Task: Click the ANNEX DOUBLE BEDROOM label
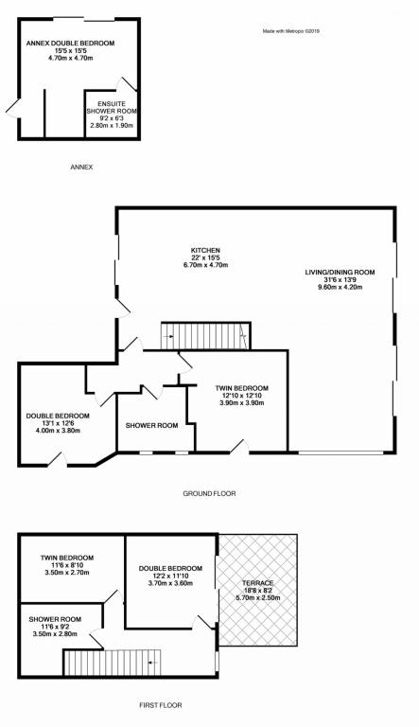pyautogui.click(x=70, y=44)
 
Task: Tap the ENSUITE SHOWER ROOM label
pyautogui.click(x=112, y=108)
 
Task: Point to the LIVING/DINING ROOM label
pyautogui.click(x=340, y=273)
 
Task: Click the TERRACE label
pyautogui.click(x=257, y=583)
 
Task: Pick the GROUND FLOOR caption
pyautogui.click(x=210, y=494)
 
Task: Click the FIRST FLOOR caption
pyautogui.click(x=161, y=705)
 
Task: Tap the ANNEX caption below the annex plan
pyautogui.click(x=81, y=167)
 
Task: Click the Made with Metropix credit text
pyautogui.click(x=291, y=31)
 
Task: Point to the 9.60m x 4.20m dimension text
pyautogui.click(x=340, y=287)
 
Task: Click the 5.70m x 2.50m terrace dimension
pyautogui.click(x=257, y=597)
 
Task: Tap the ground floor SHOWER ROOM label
pyautogui.click(x=152, y=425)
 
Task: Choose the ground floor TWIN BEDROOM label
pyautogui.click(x=242, y=388)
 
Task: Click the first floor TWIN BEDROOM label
pyautogui.click(x=67, y=558)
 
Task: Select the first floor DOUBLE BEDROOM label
pyautogui.click(x=170, y=568)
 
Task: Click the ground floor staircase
pyautogui.click(x=205, y=336)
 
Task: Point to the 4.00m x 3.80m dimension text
pyautogui.click(x=58, y=431)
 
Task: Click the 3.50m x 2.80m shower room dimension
pyautogui.click(x=55, y=634)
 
